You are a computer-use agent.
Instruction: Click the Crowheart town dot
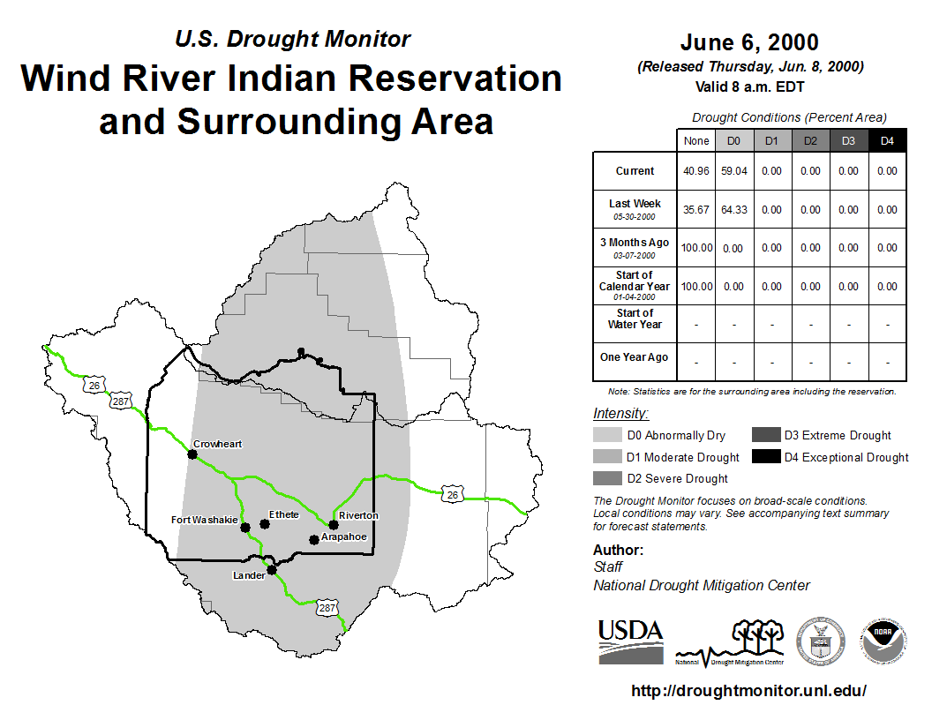(192, 454)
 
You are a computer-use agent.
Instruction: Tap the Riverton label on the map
(358, 515)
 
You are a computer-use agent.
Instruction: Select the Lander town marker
(272, 570)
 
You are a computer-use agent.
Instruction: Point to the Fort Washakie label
(205, 520)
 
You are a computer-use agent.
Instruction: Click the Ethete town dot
(265, 524)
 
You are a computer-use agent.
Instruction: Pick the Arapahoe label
(343, 537)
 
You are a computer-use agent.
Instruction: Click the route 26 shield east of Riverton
(453, 494)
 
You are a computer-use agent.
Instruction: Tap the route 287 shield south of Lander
(327, 608)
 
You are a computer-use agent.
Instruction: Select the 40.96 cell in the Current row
(696, 171)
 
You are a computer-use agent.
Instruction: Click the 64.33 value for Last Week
(734, 210)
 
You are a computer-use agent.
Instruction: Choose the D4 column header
(887, 141)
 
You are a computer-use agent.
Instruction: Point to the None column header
(696, 141)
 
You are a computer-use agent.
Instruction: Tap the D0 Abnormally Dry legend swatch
(607, 435)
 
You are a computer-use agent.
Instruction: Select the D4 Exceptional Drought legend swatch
(766, 456)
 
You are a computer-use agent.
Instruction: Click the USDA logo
(631, 641)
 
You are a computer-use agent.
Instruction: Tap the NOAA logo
(883, 641)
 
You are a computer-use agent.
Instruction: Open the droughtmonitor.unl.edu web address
(749, 691)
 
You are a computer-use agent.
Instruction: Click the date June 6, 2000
(749, 42)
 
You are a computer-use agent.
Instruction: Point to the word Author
(618, 550)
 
